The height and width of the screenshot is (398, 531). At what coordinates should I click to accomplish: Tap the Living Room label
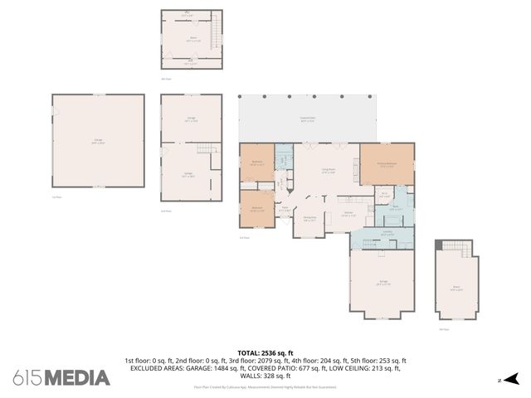coord(329,171)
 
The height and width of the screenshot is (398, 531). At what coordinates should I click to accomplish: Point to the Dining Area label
coord(309,218)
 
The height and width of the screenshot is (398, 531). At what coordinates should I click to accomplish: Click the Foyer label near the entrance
coord(284,209)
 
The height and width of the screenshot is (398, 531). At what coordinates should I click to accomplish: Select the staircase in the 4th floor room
coord(218,34)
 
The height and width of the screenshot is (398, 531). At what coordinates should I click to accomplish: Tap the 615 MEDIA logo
coord(61,378)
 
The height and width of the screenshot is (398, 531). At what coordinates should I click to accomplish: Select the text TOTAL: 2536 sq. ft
coord(265,352)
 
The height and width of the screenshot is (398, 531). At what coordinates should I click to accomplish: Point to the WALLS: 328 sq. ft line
coord(265,376)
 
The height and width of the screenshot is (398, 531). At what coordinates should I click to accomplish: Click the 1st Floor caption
coord(56,197)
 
